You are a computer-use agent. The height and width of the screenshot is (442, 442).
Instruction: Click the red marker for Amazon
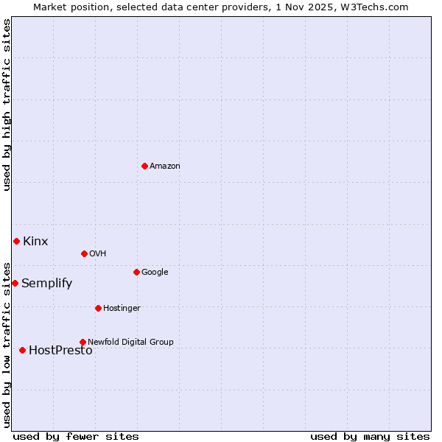[x=144, y=166]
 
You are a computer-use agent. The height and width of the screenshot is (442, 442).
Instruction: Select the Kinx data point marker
[x=16, y=241]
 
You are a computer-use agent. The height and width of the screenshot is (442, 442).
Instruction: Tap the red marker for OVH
[x=84, y=253]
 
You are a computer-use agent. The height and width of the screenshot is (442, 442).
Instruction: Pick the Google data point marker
[x=136, y=272]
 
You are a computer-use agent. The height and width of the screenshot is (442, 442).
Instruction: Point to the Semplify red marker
[x=15, y=283]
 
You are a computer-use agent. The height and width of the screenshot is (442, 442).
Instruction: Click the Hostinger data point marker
[x=98, y=308]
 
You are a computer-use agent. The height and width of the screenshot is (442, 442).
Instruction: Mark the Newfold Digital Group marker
[x=83, y=342]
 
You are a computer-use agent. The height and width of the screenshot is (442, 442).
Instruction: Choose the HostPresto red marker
[x=22, y=350]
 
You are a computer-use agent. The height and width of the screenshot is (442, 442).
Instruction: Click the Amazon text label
[x=165, y=166]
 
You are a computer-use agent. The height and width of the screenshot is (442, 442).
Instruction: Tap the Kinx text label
[x=35, y=242]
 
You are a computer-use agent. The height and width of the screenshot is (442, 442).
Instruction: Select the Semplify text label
[x=46, y=284]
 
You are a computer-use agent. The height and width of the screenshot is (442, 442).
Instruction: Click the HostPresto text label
[x=60, y=351]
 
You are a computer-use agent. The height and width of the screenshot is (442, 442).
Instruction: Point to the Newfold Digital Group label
[x=130, y=342]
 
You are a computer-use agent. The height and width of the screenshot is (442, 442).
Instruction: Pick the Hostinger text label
[x=122, y=308]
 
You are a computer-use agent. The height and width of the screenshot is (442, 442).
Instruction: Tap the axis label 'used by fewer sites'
[x=76, y=436]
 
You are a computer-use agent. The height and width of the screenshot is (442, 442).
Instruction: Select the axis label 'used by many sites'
[x=370, y=436]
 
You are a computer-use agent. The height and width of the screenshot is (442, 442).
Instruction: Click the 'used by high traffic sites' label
[x=7, y=105]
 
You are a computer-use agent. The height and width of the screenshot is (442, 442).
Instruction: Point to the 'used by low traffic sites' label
[x=7, y=345]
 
